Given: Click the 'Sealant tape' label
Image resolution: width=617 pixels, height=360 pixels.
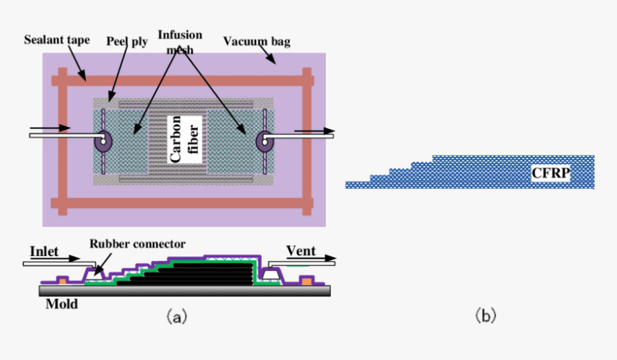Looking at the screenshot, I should pyautogui.click(x=57, y=40).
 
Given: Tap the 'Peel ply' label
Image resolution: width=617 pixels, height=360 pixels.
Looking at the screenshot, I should pyautogui.click(x=127, y=42).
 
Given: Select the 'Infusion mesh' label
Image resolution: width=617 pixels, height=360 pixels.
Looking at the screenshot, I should pyautogui.click(x=180, y=42).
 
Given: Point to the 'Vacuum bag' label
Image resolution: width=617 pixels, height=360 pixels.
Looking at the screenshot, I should pyautogui.click(x=256, y=42).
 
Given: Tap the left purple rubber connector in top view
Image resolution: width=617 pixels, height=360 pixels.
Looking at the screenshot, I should pyautogui.click(x=103, y=141).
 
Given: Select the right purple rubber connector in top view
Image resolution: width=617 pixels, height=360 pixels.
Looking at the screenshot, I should pyautogui.click(x=265, y=141).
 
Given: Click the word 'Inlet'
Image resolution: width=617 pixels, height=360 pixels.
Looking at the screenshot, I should pyautogui.click(x=44, y=252).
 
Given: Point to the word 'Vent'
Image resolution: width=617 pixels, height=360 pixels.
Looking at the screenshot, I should pyautogui.click(x=301, y=251).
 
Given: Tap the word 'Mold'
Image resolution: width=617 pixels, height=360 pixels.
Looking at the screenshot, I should pyautogui.click(x=62, y=304).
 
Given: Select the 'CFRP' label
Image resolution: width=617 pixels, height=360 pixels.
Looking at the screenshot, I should pyautogui.click(x=550, y=173).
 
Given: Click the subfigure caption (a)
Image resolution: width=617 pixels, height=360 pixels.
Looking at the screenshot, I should pyautogui.click(x=176, y=315).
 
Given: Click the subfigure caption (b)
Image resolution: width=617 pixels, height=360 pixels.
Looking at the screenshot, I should pyautogui.click(x=485, y=315).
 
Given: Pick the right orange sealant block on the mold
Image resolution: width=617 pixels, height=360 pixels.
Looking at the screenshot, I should pyautogui.click(x=307, y=280).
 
